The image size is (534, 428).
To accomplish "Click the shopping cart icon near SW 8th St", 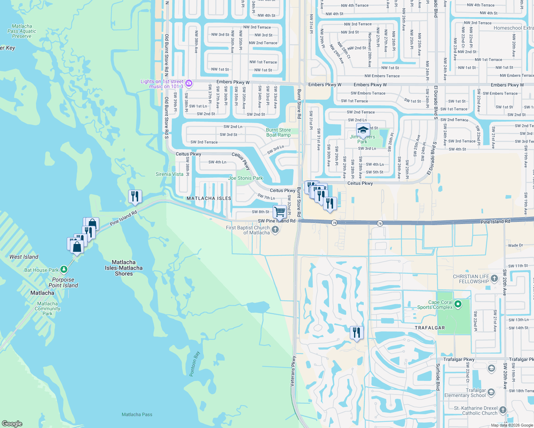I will [x=280, y=211].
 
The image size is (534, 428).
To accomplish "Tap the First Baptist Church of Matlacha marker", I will [x=275, y=230].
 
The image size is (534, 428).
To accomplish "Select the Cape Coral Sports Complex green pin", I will [x=458, y=304].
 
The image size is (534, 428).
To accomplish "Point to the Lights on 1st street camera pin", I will [x=189, y=84].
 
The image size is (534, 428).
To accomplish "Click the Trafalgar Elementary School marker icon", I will [x=491, y=393].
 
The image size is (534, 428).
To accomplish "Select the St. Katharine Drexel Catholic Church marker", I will [x=503, y=410].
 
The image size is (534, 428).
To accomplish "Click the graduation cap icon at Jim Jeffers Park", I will [x=363, y=130].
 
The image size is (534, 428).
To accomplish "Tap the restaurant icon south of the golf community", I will [x=357, y=332].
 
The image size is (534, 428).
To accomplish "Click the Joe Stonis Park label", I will [x=245, y=178].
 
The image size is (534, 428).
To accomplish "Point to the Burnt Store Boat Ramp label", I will [x=278, y=133].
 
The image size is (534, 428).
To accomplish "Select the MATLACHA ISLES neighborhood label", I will [x=209, y=198].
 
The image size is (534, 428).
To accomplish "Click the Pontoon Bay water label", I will [x=195, y=364].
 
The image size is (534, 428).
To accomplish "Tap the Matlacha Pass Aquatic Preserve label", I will [x=22, y=31].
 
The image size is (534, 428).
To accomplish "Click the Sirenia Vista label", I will [x=170, y=174].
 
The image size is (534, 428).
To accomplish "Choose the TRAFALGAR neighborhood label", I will [x=430, y=328].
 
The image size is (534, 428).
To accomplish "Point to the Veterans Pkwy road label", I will [x=293, y=371].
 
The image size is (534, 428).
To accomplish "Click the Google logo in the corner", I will [x=12, y=423].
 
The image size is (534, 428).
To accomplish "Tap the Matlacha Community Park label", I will [x=47, y=309].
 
